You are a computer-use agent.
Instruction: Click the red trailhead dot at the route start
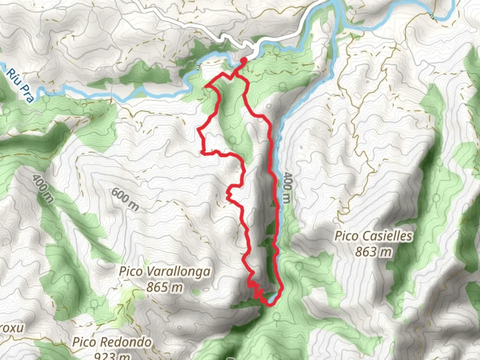click(x=244, y=60)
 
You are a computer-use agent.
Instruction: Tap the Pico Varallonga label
click(x=165, y=272)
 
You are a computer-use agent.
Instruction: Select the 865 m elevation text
click(x=165, y=287)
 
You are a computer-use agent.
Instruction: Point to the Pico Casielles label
click(x=374, y=236)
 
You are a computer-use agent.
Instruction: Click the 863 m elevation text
click(x=373, y=252)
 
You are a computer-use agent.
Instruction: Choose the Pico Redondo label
click(x=112, y=342)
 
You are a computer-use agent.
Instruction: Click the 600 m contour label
click(x=125, y=199)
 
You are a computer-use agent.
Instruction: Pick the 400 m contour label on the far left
click(x=43, y=188)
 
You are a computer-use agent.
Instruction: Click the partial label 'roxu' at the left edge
click(x=12, y=328)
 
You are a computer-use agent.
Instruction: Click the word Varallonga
click(x=179, y=272)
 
